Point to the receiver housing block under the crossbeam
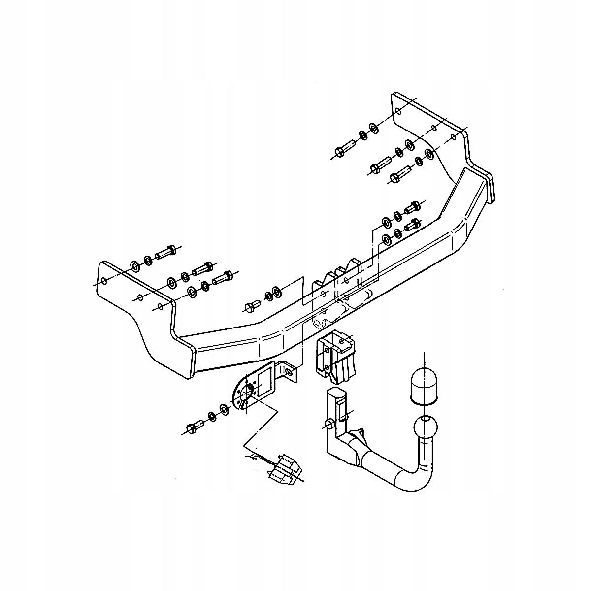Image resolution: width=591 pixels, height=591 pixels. tap(336, 357)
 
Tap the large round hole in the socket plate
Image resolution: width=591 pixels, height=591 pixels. tap(245, 393)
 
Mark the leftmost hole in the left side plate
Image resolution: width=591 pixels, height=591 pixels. tap(102, 282)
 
